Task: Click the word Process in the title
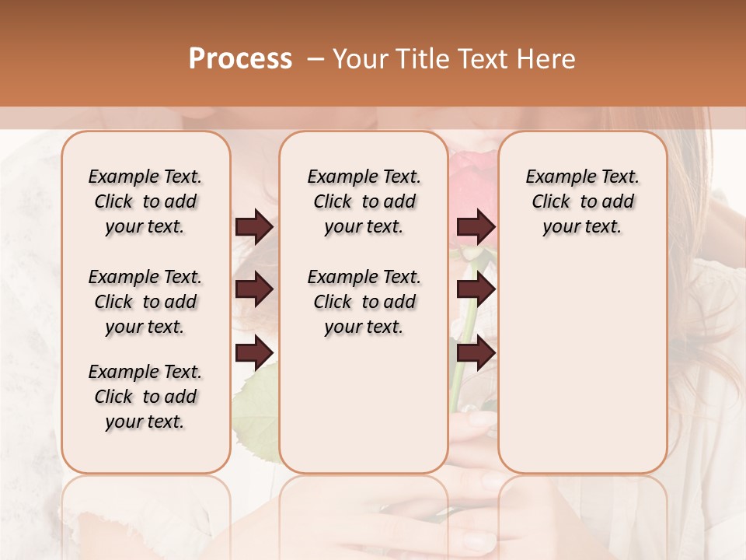[240, 59]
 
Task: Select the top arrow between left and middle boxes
[254, 227]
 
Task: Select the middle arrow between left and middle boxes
[254, 290]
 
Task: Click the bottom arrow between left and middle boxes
[254, 353]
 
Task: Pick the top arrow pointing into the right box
[476, 227]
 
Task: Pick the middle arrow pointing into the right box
[476, 290]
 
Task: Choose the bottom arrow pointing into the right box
[476, 353]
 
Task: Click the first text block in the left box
[145, 201]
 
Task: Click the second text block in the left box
[145, 302]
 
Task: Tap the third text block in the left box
[145, 397]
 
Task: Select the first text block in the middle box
[364, 201]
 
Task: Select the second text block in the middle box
[364, 302]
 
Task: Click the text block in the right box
[582, 201]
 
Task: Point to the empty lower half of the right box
[582, 373]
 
